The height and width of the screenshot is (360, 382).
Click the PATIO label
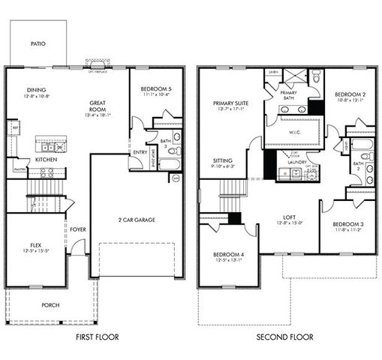point(38,44)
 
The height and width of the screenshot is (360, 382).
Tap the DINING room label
point(37,89)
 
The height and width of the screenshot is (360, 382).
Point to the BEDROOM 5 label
point(157,88)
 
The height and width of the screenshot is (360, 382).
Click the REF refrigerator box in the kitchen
point(15,129)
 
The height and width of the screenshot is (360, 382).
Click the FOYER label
point(77,229)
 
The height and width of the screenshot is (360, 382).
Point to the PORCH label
point(51,305)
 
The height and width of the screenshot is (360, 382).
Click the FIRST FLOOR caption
point(98,338)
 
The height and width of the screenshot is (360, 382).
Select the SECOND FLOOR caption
point(284,338)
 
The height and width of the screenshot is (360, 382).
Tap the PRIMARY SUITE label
point(230,103)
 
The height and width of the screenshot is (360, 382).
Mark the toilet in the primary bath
point(315,77)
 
